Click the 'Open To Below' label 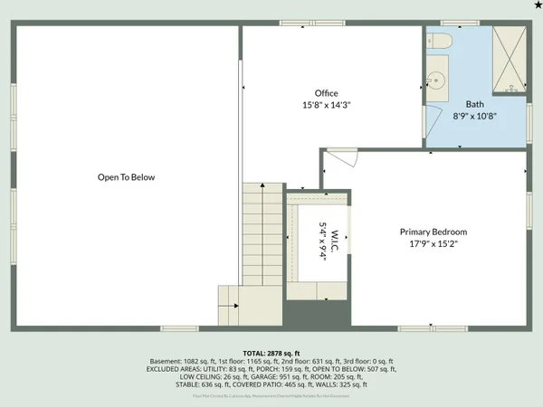pos(127,177)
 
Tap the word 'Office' pos(326,93)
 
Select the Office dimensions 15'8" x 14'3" pos(326,105)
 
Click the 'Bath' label pos(475,104)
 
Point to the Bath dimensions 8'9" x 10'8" pos(475,116)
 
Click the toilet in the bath pos(441,42)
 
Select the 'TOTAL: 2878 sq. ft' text pos(271,353)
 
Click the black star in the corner pos(537,5)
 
